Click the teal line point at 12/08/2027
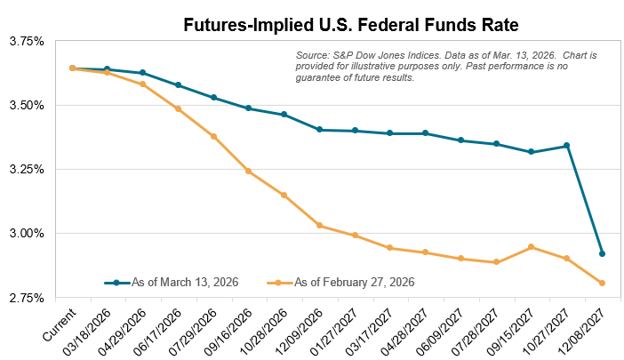(x=602, y=254)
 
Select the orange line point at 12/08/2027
(x=602, y=284)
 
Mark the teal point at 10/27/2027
(x=566, y=146)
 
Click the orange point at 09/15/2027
(x=531, y=247)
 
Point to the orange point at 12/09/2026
(x=319, y=226)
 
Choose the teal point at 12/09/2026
(x=319, y=130)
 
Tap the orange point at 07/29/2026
(x=213, y=137)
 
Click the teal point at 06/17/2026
(x=178, y=85)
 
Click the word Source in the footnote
(x=312, y=56)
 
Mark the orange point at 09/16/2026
(x=248, y=171)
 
